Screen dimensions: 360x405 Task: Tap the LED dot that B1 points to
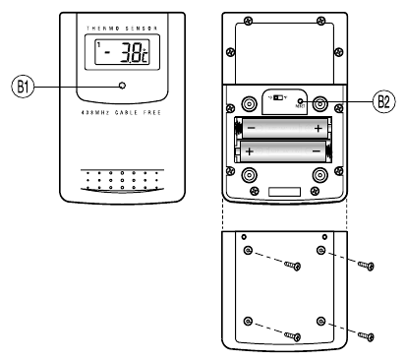pos(121,86)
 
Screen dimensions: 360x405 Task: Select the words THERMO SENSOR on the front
pos(120,30)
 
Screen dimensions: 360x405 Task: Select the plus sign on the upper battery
pos(317,129)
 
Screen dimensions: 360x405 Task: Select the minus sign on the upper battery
pos(251,129)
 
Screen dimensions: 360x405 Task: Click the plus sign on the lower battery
pos(251,151)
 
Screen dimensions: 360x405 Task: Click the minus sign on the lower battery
pos(317,151)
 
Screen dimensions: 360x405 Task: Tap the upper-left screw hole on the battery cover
pos(248,251)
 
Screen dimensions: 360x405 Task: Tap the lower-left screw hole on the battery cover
pos(248,321)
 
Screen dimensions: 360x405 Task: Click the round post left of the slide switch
pos(246,102)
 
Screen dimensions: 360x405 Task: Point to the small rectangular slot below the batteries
pos(283,190)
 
